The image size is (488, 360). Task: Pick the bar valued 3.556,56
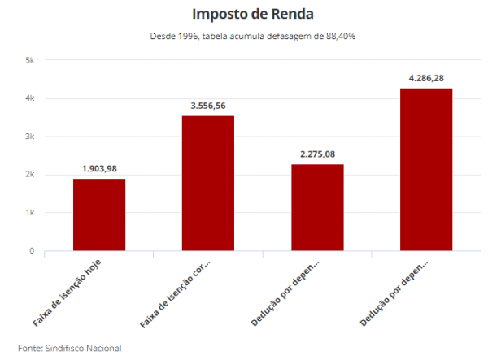[x=208, y=183]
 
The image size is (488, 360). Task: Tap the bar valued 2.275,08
[x=317, y=207]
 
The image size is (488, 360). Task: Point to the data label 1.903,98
[x=99, y=168]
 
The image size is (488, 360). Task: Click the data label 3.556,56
[x=208, y=106]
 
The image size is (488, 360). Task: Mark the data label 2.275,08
[x=317, y=154]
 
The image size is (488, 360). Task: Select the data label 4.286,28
[x=426, y=78]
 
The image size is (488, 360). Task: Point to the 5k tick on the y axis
[x=29, y=61]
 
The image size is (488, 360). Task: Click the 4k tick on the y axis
[x=29, y=98]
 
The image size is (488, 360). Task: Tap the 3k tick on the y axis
[x=29, y=137]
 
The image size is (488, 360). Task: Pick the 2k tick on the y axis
[x=29, y=175]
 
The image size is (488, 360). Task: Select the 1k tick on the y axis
[x=29, y=213]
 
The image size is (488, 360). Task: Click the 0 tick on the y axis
[x=32, y=250]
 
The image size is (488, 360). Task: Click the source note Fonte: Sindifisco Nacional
[x=69, y=348]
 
